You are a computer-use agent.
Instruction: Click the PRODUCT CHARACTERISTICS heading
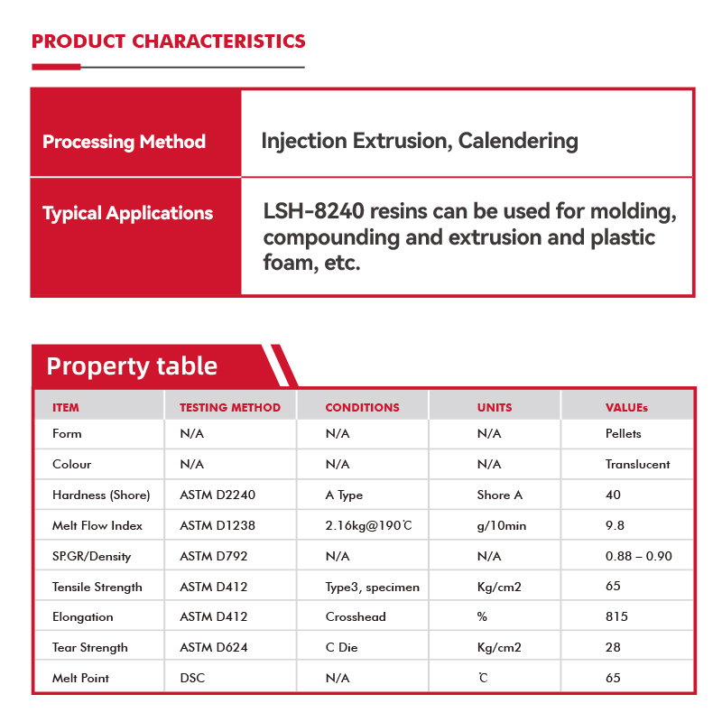(169, 42)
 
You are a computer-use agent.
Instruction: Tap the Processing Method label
(124, 142)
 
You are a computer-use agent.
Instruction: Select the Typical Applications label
(127, 214)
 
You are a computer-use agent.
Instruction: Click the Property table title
(132, 366)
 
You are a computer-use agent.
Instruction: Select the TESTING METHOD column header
(230, 408)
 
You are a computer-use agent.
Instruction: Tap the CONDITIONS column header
(362, 408)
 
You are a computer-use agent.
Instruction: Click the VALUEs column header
(626, 408)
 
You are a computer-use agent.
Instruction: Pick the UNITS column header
(495, 408)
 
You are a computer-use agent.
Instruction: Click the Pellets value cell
(624, 434)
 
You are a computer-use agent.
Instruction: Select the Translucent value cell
(637, 465)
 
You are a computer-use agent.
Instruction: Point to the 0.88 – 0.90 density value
(638, 556)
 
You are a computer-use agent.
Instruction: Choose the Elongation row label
(83, 617)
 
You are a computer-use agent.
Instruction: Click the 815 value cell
(616, 617)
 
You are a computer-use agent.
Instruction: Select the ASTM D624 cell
(213, 648)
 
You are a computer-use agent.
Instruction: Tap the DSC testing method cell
(192, 678)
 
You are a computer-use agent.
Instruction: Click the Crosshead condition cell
(356, 617)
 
